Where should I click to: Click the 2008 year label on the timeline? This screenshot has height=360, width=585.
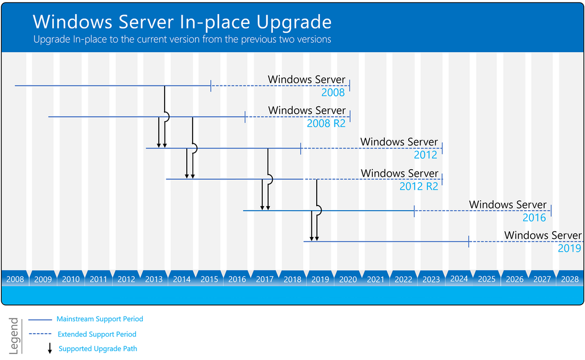(15, 280)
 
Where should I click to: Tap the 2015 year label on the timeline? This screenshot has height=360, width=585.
(209, 280)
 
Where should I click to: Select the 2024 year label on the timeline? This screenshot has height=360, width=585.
(459, 279)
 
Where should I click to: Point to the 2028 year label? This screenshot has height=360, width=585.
(570, 280)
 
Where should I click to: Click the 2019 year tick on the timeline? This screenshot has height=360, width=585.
(320, 280)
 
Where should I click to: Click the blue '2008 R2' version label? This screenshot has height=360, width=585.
(326, 124)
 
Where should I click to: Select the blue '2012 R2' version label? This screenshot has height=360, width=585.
(419, 186)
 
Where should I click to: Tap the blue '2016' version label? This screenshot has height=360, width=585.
(534, 218)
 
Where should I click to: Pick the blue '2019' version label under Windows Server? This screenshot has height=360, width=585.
(569, 249)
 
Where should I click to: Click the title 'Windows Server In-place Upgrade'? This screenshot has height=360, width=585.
(182, 22)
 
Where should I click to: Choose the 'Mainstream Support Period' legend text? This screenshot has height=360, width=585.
(100, 319)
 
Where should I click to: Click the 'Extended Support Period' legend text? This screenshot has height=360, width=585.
(97, 334)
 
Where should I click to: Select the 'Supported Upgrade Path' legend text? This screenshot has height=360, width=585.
(98, 349)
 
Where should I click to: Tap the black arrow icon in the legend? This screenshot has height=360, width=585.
(50, 349)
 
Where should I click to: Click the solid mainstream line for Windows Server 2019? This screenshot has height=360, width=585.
(386, 242)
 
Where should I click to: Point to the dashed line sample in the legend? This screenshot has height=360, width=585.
(40, 334)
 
